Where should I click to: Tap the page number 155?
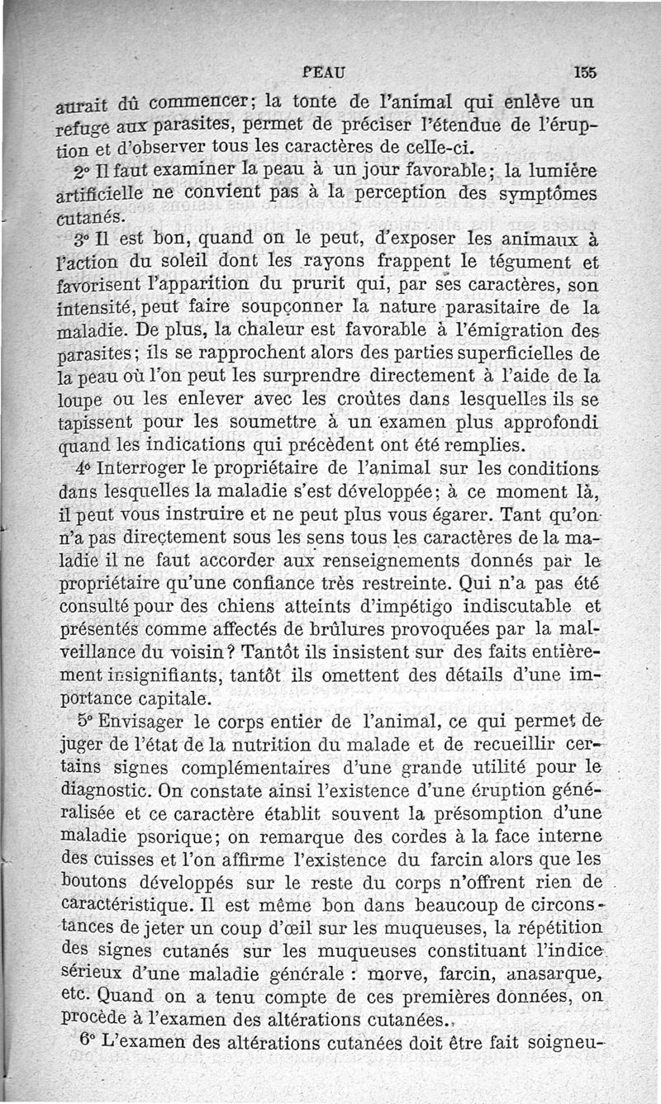point(585,73)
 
